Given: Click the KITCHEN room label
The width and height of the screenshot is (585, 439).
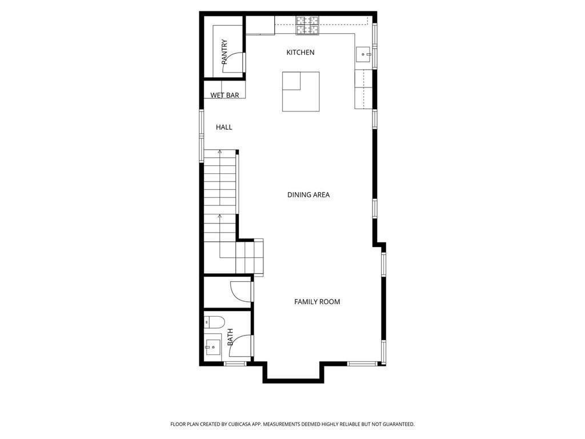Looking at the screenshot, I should pos(300,53).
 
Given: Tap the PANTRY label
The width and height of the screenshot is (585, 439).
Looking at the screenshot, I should pos(225,51).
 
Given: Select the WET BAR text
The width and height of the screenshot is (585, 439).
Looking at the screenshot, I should pos(225,95).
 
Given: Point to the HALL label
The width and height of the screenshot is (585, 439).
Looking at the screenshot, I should pos(224,127).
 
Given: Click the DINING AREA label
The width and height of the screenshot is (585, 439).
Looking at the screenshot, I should pos(308,195).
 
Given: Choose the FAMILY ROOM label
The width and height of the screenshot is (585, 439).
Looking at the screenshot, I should pos(317,302).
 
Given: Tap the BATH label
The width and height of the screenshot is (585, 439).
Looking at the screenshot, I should pos(230,337).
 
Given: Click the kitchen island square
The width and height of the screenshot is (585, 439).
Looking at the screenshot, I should pos(300,91).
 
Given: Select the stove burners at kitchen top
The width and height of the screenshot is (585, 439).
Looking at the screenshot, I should pos(307,24).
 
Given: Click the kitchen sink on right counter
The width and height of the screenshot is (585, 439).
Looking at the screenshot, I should pos(363,55).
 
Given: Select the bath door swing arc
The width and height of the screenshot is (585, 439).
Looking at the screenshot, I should pos(243,345).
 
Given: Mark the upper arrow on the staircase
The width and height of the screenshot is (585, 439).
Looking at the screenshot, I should pos(219,152).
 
